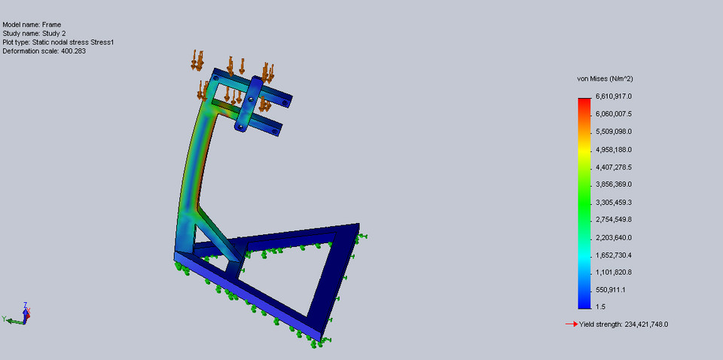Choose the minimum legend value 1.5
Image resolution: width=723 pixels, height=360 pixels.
click(x=600, y=307)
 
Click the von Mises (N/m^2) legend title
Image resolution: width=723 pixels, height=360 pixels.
click(x=604, y=78)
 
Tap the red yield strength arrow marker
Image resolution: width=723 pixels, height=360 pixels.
click(x=571, y=325)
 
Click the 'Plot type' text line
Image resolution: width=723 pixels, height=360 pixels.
click(x=59, y=43)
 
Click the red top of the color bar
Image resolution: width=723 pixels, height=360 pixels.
click(x=584, y=101)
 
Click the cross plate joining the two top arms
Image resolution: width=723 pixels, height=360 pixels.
click(x=249, y=105)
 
